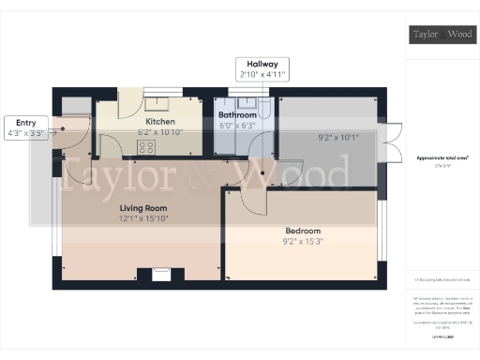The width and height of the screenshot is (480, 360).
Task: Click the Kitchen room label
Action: click(158, 122)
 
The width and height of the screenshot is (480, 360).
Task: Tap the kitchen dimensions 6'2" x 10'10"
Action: click(158, 133)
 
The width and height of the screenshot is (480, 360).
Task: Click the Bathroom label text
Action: click(237, 115)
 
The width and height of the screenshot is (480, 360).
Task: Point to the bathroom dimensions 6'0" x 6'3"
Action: click(237, 126)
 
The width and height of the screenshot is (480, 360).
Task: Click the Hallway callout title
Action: click(262, 63)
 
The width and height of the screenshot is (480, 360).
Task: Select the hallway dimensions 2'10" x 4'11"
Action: click(262, 73)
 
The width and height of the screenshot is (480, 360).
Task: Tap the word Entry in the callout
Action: click(25, 121)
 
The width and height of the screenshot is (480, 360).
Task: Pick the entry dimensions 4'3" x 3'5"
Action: click(25, 132)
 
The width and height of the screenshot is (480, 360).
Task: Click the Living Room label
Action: click(143, 208)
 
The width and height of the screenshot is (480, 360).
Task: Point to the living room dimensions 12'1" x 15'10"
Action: click(143, 219)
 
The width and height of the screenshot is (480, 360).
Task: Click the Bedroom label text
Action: click(303, 231)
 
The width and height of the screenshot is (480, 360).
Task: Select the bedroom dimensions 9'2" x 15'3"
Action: click(303, 242)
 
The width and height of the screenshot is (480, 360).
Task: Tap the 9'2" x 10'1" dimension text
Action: click(338, 139)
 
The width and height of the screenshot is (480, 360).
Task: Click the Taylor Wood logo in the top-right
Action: click(443, 36)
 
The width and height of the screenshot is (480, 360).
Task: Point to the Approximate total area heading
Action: click(442, 159)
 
